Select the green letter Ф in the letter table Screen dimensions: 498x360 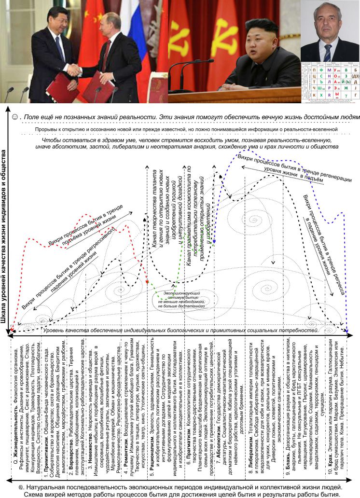(315, 70)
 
